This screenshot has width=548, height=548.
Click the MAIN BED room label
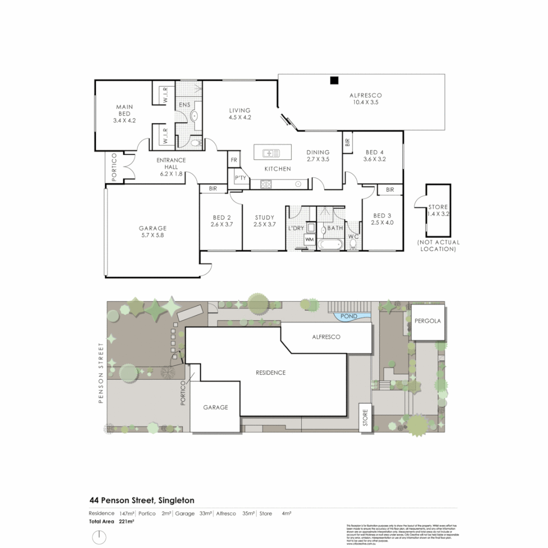click(124, 114)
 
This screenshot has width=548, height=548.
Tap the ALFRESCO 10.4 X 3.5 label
click(365, 98)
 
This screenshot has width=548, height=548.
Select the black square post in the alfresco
click(334, 80)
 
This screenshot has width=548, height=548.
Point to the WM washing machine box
click(309, 239)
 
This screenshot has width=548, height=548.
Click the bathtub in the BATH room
click(331, 245)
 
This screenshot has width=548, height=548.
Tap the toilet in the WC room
click(353, 244)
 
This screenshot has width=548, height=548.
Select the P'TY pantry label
click(240, 178)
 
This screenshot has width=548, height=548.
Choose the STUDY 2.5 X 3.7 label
click(264, 221)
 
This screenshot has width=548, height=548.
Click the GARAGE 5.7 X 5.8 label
click(153, 231)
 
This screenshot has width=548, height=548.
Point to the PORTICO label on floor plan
click(114, 167)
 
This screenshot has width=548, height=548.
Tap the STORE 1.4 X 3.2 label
click(438, 210)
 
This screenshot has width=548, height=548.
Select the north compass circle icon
click(99, 536)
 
